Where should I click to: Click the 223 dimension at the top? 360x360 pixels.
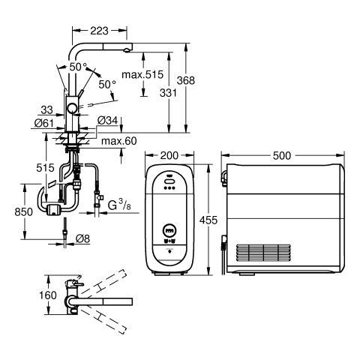pos(99,31)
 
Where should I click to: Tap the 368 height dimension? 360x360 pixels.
pos(185,80)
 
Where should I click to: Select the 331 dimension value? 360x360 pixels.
pos(168,93)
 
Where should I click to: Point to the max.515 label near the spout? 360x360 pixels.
pos(142,74)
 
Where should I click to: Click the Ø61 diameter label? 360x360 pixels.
pos(44,123)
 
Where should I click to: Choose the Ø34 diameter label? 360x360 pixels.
pos(107,121)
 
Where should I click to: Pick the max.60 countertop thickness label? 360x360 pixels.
pos(119,141)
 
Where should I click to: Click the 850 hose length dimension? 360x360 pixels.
pos(23,212)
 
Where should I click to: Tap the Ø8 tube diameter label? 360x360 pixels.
pos(82,238)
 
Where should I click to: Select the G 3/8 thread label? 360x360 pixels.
pos(119,205)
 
